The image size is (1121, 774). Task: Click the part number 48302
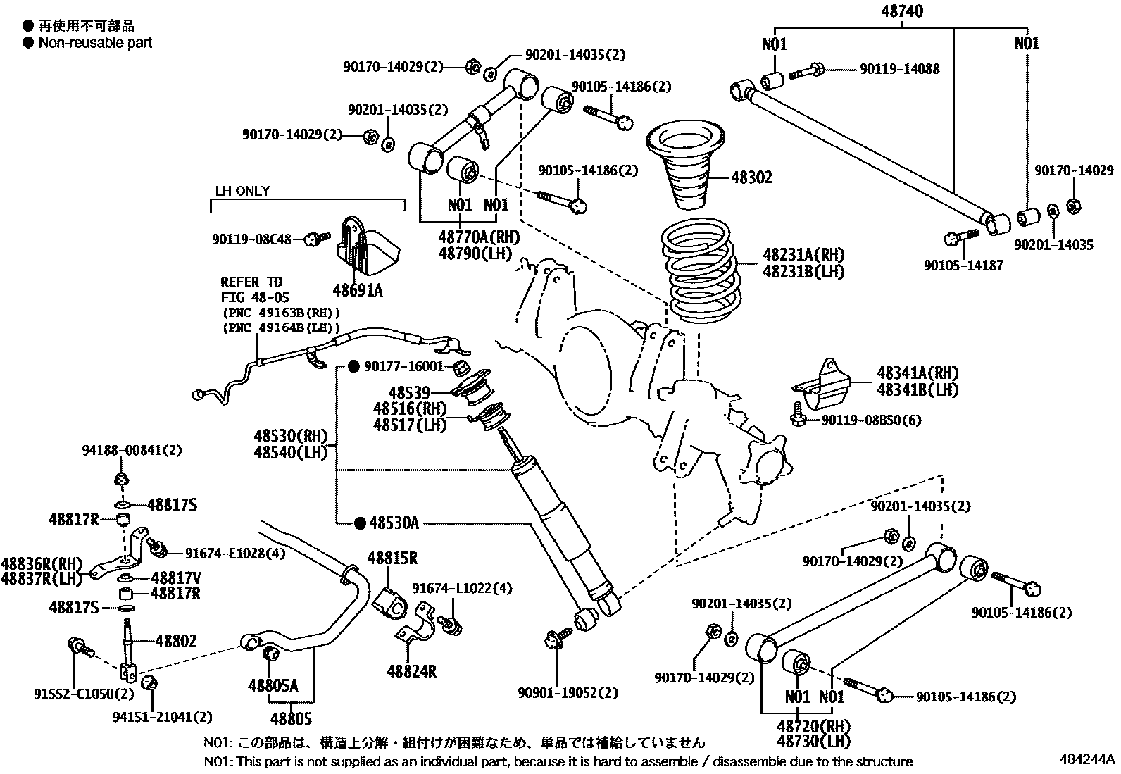click(751, 177)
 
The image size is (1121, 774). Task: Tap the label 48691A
click(358, 289)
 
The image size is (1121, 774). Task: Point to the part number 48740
click(901, 11)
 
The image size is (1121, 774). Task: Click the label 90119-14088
click(899, 69)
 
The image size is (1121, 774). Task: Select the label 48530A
click(394, 523)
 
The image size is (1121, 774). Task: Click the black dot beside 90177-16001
click(354, 367)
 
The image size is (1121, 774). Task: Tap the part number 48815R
click(392, 558)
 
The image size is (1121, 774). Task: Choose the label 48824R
click(411, 672)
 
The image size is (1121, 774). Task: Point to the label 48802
click(176, 641)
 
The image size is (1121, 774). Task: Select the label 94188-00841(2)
click(123, 450)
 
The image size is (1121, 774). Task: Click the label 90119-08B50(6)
click(871, 420)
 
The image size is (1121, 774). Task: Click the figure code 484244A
click(1087, 759)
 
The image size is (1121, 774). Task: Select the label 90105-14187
click(963, 265)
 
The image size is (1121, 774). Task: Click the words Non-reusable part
click(95, 42)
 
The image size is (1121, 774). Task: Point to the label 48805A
click(273, 685)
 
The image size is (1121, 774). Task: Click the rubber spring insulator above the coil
click(687, 166)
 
